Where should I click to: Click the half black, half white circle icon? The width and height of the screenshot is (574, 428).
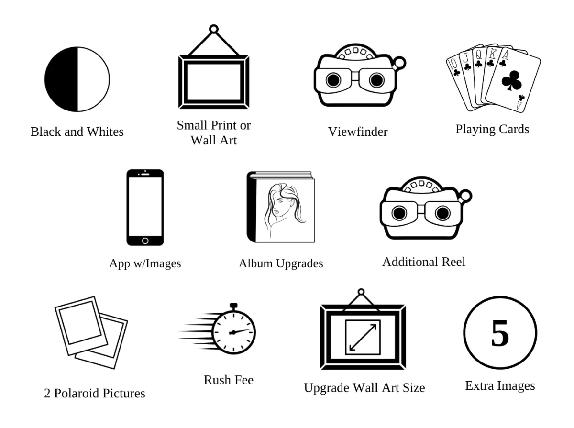(x=77, y=79)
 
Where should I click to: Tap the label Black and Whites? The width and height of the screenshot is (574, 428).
(x=77, y=132)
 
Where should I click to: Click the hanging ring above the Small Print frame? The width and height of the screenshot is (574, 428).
(x=214, y=29)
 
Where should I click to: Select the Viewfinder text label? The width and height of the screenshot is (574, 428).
(x=357, y=132)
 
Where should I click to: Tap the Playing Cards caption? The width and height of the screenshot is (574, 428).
(x=492, y=129)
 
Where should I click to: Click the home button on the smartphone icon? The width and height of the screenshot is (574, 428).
(x=145, y=240)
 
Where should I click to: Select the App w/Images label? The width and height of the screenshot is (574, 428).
(x=145, y=263)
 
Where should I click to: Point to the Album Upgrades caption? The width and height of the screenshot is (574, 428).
(x=281, y=263)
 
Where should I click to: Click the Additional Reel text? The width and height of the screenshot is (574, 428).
(x=423, y=262)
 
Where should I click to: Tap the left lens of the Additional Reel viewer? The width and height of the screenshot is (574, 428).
(x=398, y=212)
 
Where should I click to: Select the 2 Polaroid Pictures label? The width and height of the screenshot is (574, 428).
(x=95, y=394)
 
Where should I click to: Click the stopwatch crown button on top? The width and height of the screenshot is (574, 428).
(x=233, y=305)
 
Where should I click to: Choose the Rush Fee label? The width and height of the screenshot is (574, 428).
(x=229, y=380)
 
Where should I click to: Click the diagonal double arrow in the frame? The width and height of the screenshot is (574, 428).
(x=362, y=337)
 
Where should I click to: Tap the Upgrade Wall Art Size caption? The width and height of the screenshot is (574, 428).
(x=364, y=387)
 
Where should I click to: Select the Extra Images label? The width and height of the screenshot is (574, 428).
(x=500, y=385)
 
